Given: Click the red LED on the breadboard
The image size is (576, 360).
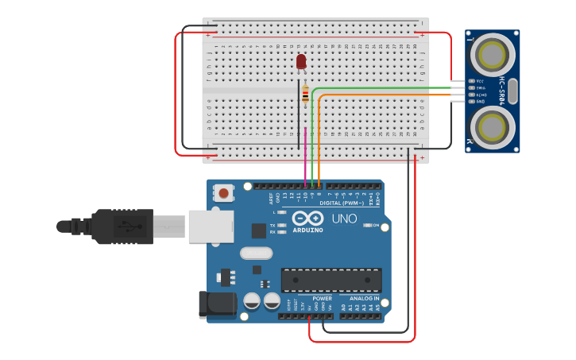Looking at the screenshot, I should coord(301,61).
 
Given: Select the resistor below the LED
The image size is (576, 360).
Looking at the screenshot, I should coord(306,95).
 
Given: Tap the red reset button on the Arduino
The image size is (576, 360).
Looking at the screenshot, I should coord(224,192).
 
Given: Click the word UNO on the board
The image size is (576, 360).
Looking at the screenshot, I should coord(344,219).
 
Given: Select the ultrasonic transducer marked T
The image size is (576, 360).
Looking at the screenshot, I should coord(493,55).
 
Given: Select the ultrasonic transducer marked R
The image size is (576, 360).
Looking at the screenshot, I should coord(493,127).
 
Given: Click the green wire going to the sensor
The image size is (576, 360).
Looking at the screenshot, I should coord(381,87).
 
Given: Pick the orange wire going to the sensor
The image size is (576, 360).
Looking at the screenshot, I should coord(381,95).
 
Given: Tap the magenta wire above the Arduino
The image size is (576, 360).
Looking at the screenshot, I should coord(305,155).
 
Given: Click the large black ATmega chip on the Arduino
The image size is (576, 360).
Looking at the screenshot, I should coord(331,280).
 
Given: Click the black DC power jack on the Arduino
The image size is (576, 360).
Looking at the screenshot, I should coord(218,304).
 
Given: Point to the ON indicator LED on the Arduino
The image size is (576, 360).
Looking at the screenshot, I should coord(368,226).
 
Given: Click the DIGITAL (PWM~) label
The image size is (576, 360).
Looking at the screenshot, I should coord(342,203).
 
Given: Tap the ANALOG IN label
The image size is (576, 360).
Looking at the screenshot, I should coord(365,298).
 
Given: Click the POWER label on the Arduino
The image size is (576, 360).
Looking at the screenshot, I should coord(322,298).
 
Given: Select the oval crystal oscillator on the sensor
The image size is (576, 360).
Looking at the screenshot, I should coord(512,91).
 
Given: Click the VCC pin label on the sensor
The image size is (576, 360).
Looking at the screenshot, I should coord(480,81).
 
